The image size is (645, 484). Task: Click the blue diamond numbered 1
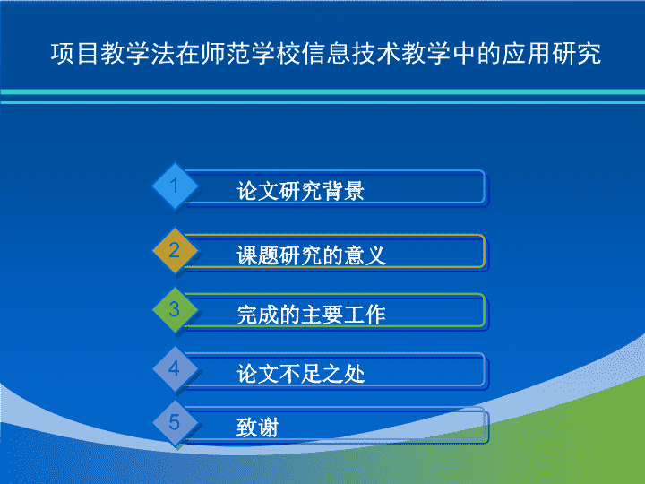pyautogui.click(x=175, y=186)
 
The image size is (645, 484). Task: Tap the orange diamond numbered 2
pyautogui.click(x=175, y=250)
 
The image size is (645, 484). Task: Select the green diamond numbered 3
pyautogui.click(x=175, y=309)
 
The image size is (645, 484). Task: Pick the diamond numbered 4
pyautogui.click(x=175, y=368)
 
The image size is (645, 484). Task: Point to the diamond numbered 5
pyautogui.click(x=175, y=423)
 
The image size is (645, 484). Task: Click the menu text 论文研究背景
pyautogui.click(x=300, y=191)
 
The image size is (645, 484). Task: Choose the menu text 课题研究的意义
pyautogui.click(x=311, y=255)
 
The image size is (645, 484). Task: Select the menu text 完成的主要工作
pyautogui.click(x=311, y=315)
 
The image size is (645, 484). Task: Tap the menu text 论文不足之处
pyautogui.click(x=300, y=374)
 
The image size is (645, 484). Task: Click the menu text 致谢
pyautogui.click(x=257, y=428)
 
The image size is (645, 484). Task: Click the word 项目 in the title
pyautogui.click(x=75, y=54)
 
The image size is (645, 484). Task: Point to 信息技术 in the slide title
pyautogui.click(x=351, y=54)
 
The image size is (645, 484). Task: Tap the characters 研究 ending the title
pyautogui.click(x=577, y=54)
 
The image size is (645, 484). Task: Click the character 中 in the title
pyautogui.click(x=464, y=54)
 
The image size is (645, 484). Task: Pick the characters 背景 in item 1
pyautogui.click(x=343, y=191)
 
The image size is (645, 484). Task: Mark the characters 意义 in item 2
pyautogui.click(x=365, y=255)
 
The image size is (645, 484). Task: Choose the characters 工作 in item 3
pyautogui.click(x=365, y=315)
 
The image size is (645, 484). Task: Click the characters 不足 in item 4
pyautogui.click(x=300, y=374)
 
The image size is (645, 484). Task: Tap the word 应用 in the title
pyautogui.click(x=527, y=54)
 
